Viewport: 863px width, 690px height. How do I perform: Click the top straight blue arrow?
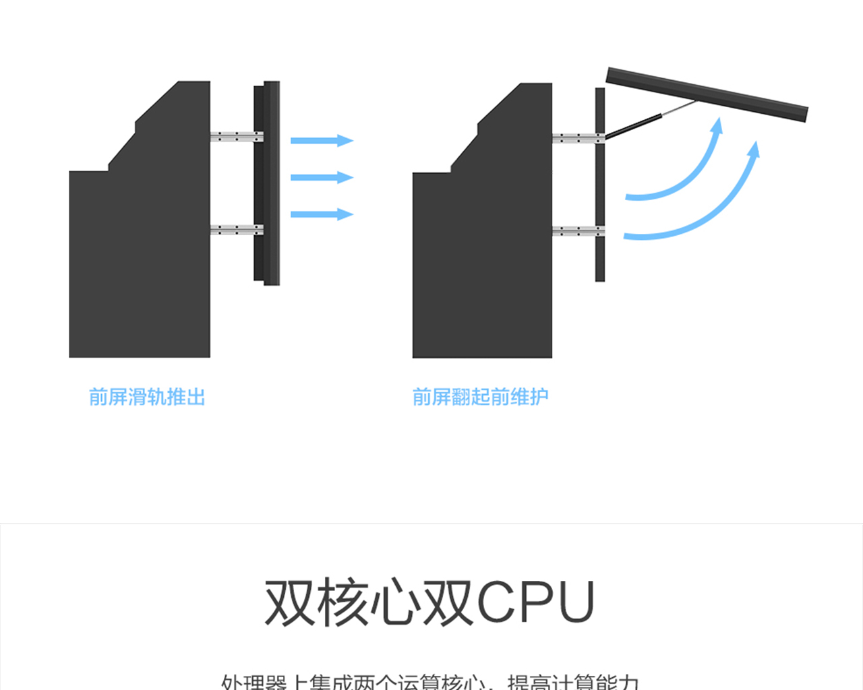pyautogui.click(x=321, y=140)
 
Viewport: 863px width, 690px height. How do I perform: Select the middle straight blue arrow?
pyautogui.click(x=321, y=177)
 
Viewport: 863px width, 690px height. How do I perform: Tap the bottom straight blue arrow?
pyautogui.click(x=321, y=214)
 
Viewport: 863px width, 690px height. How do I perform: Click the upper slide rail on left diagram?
pyautogui.click(x=235, y=137)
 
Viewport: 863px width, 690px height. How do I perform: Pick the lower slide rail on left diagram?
pyautogui.click(x=235, y=230)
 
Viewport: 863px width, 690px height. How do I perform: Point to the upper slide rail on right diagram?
pyautogui.click(x=576, y=139)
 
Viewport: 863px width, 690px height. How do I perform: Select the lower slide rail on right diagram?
pyautogui.click(x=576, y=231)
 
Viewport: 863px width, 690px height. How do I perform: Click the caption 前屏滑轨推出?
pyautogui.click(x=147, y=397)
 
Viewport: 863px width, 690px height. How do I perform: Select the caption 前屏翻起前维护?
pyautogui.click(x=480, y=397)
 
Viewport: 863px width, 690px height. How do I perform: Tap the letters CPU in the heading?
pyautogui.click(x=536, y=602)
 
